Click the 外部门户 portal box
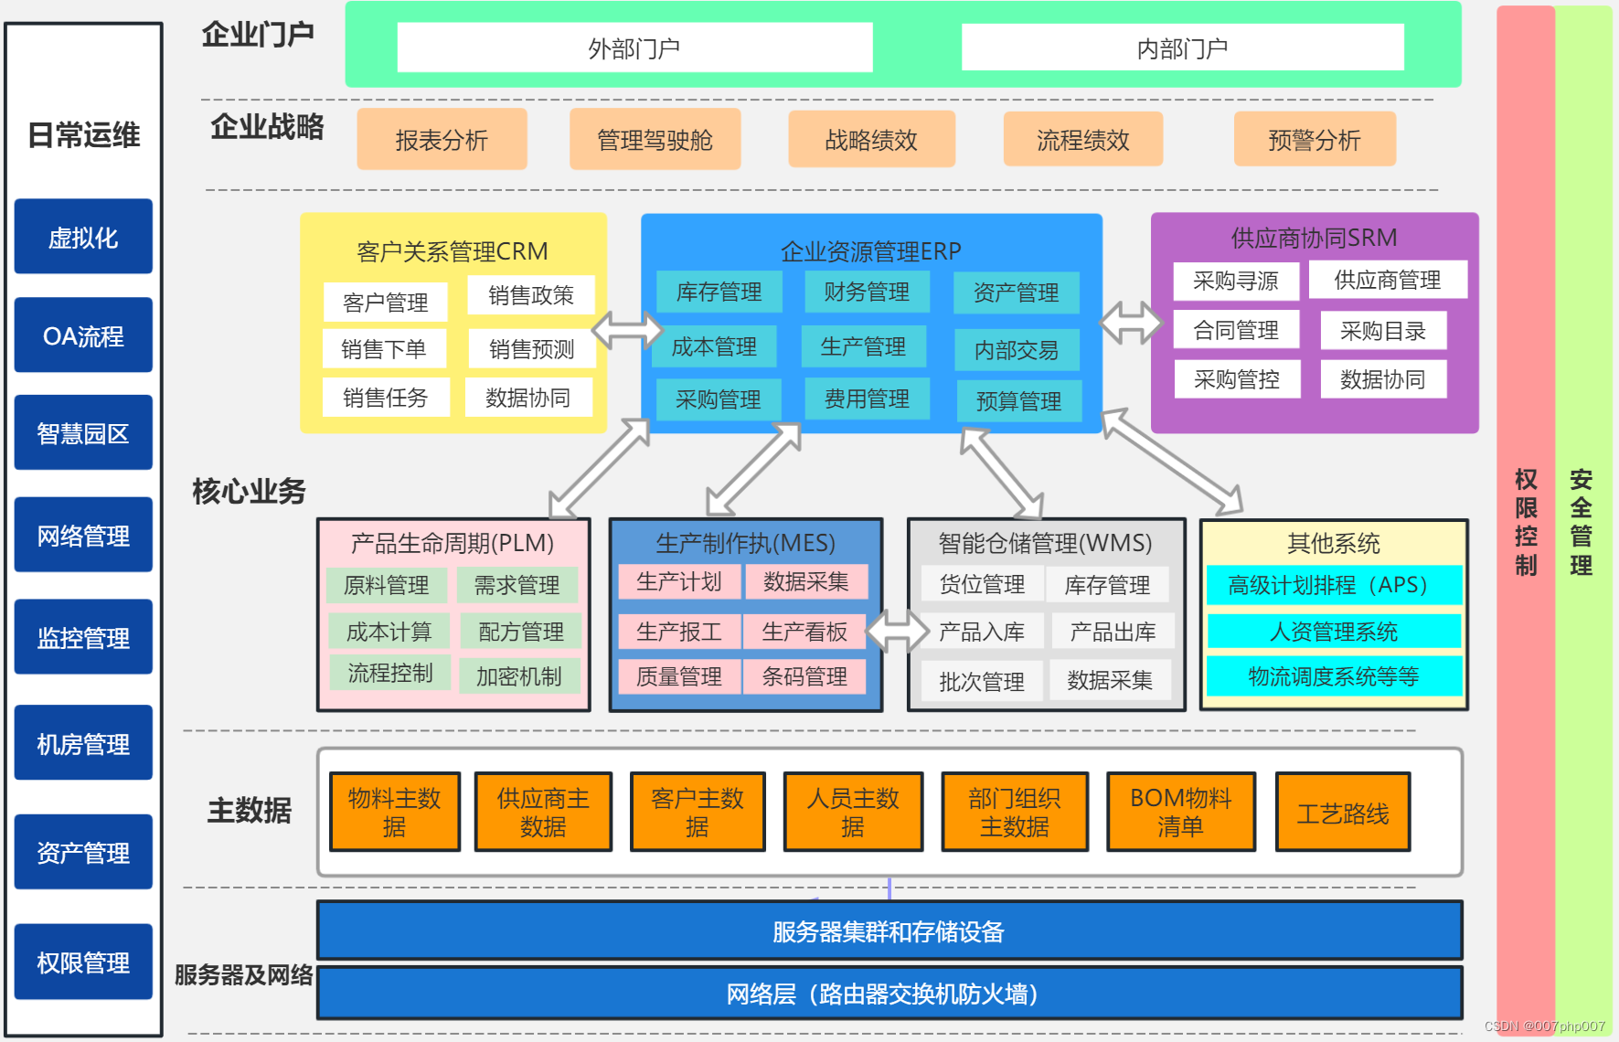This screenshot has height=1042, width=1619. tap(634, 48)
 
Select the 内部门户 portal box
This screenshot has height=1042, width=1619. tap(1182, 48)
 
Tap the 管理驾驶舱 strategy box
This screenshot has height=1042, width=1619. tap(655, 140)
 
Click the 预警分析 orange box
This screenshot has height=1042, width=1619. tap(1314, 140)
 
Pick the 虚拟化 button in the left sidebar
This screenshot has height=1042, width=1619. tap(83, 237)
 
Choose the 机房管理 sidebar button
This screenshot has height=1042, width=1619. tap(83, 743)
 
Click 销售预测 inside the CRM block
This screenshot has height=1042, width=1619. tap(531, 348)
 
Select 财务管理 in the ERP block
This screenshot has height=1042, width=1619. tap(866, 292)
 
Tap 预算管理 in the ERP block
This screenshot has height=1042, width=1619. tap(1018, 400)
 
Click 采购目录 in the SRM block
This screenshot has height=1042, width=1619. tap(1382, 331)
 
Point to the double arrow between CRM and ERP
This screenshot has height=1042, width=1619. tap(626, 330)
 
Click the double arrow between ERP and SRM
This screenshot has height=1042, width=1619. tap(1130, 323)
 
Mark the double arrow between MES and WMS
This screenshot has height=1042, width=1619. tap(896, 630)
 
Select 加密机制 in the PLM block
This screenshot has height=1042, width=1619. tap(518, 675)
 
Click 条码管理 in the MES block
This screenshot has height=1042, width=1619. tap(804, 676)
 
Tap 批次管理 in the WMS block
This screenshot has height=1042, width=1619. tap(981, 681)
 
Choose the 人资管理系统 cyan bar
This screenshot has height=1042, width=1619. tap(1333, 631)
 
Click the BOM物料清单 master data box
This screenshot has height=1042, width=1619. tap(1180, 812)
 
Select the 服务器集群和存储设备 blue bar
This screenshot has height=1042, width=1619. tap(889, 930)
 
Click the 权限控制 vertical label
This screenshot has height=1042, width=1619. tap(1525, 521)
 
